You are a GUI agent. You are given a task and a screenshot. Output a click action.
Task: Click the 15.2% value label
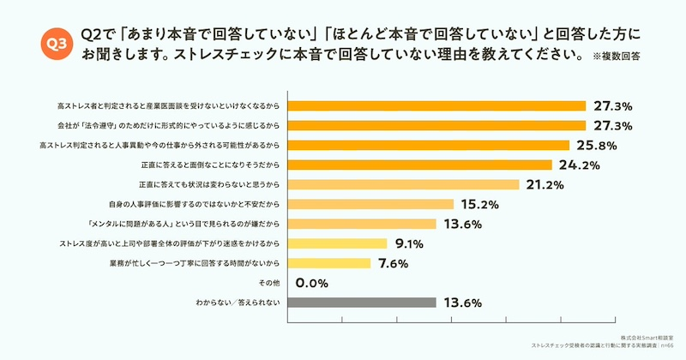479,204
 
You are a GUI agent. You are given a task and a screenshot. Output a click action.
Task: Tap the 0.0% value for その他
314,282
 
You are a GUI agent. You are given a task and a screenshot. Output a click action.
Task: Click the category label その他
268,282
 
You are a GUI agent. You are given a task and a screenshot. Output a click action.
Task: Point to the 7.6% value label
394,262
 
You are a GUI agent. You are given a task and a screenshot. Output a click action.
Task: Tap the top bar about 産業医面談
436,106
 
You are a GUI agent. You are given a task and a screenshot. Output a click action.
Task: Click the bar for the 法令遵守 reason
436,125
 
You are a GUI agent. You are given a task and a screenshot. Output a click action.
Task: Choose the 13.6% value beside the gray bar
462,302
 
